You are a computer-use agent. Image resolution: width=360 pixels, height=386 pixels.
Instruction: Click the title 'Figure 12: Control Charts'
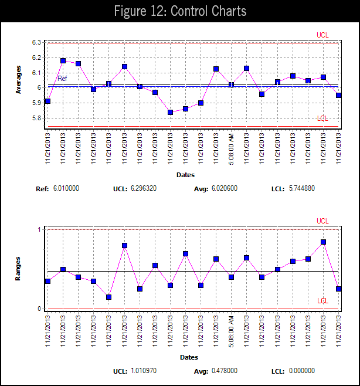tap(179, 11)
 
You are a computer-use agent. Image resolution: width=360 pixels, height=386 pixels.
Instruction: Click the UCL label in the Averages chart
tap(322, 35)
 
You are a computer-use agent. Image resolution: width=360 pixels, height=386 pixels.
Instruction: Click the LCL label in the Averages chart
tap(322, 118)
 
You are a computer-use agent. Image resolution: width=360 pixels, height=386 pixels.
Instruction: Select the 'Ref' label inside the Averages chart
tap(62, 79)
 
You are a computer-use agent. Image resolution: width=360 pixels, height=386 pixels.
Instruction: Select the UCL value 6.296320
tap(142, 189)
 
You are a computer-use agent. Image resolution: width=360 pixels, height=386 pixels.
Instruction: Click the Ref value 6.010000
tap(66, 189)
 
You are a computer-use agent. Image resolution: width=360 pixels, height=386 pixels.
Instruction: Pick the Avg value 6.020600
tap(226, 189)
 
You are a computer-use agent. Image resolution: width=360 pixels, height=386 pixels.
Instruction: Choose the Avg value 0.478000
tap(226, 371)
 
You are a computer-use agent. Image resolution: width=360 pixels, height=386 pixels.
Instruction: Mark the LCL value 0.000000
tap(302, 371)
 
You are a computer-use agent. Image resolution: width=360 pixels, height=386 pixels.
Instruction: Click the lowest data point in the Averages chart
tap(170, 112)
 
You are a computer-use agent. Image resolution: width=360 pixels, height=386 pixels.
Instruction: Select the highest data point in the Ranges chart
tap(323, 242)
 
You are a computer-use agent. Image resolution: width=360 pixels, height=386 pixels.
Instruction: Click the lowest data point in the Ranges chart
tap(109, 297)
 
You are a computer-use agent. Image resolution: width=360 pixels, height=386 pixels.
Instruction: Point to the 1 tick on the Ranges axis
tap(39, 229)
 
